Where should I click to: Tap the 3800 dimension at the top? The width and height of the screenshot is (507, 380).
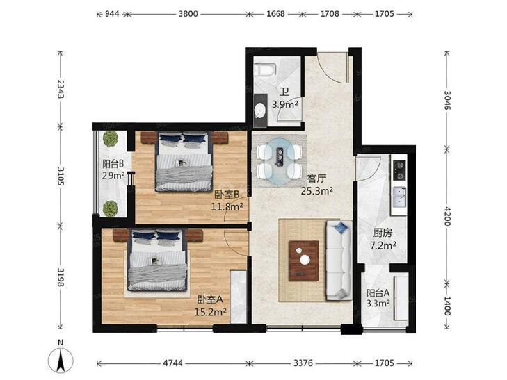point(188,14)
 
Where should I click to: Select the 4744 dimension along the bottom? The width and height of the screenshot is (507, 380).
point(172,363)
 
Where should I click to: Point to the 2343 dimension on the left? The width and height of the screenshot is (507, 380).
point(60,89)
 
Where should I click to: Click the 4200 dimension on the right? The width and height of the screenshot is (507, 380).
point(446,216)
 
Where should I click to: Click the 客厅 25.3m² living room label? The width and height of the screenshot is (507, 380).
point(317,185)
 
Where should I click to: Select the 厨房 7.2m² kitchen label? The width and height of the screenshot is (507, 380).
point(383,239)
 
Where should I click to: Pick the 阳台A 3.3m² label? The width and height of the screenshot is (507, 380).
point(378,298)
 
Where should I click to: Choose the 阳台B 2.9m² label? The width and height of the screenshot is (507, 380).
point(113,170)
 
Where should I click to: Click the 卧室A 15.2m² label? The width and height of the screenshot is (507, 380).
point(210,306)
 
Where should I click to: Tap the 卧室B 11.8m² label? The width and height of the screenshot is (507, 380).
point(227,200)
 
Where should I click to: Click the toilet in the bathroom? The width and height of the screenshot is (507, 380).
point(264,69)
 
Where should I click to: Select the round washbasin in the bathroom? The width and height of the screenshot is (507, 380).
point(261,110)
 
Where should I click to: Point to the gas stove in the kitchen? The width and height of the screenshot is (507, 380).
point(399,170)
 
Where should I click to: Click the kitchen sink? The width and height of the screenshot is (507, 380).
point(399,197)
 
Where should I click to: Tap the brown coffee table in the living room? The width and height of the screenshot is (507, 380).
point(304,261)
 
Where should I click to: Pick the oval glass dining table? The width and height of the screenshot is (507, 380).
point(280,161)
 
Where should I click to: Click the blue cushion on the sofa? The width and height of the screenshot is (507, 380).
point(340,227)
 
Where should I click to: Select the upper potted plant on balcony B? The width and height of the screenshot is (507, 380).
point(111,139)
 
